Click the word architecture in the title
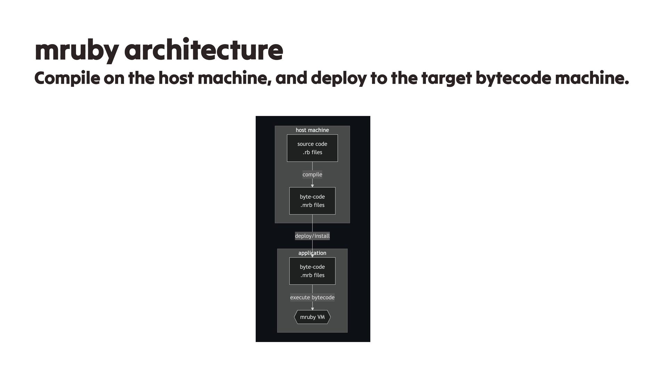(x=204, y=51)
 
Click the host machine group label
(x=312, y=130)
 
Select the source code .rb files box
(x=312, y=148)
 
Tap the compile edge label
(x=312, y=175)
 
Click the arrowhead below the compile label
(x=312, y=186)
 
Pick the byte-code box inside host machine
(x=312, y=201)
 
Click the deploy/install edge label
(x=312, y=236)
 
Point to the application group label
(x=312, y=253)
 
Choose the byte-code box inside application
(x=312, y=271)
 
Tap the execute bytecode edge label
(x=312, y=298)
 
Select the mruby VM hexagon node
(x=312, y=317)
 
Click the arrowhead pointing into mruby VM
(x=312, y=309)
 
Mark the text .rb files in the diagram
(x=312, y=152)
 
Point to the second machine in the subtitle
(x=592, y=78)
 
